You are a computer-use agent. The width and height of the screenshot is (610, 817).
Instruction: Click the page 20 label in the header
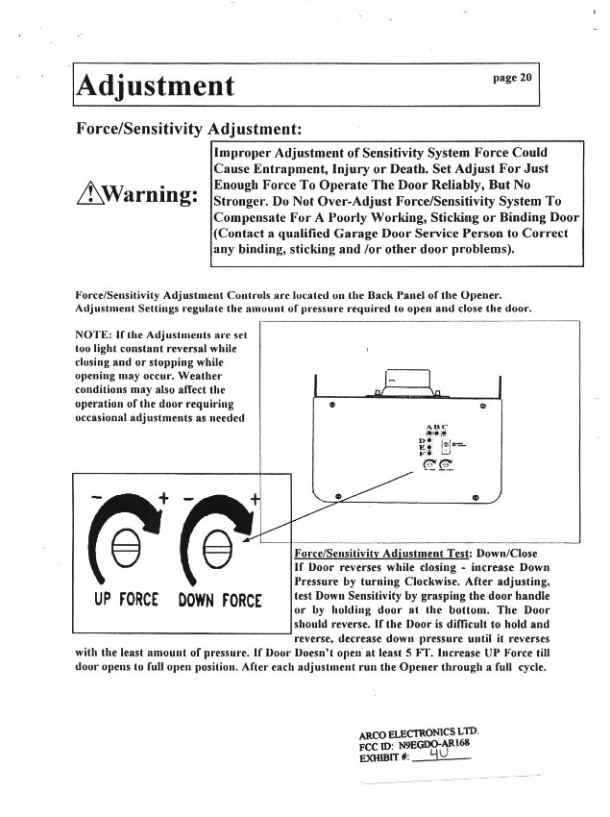tap(512, 78)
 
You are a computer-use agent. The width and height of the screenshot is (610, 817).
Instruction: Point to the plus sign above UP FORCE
tap(164, 498)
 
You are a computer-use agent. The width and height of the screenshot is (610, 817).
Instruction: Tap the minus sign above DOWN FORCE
tap(187, 499)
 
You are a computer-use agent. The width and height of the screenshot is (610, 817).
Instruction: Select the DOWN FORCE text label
tap(220, 601)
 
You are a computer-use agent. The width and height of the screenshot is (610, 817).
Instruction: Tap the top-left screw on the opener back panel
tap(330, 406)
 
